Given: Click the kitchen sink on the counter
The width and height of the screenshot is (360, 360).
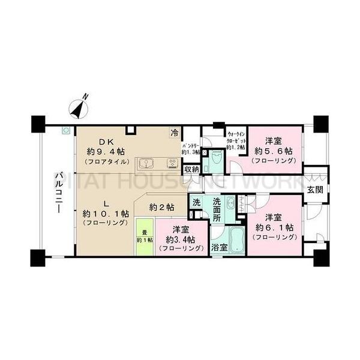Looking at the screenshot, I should (146, 163).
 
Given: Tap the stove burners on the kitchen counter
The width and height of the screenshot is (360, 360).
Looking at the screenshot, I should (172, 163).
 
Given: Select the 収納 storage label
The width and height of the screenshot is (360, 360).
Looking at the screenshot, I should (191, 170).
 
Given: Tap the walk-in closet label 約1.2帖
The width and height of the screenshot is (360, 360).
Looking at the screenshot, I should (235, 140).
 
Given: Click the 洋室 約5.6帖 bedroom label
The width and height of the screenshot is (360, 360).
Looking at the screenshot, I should (274, 151).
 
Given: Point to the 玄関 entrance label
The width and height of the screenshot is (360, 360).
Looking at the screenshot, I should (315, 189).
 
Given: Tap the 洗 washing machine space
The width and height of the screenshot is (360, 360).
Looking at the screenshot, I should (196, 203).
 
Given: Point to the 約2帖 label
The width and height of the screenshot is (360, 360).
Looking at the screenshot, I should (162, 206).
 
